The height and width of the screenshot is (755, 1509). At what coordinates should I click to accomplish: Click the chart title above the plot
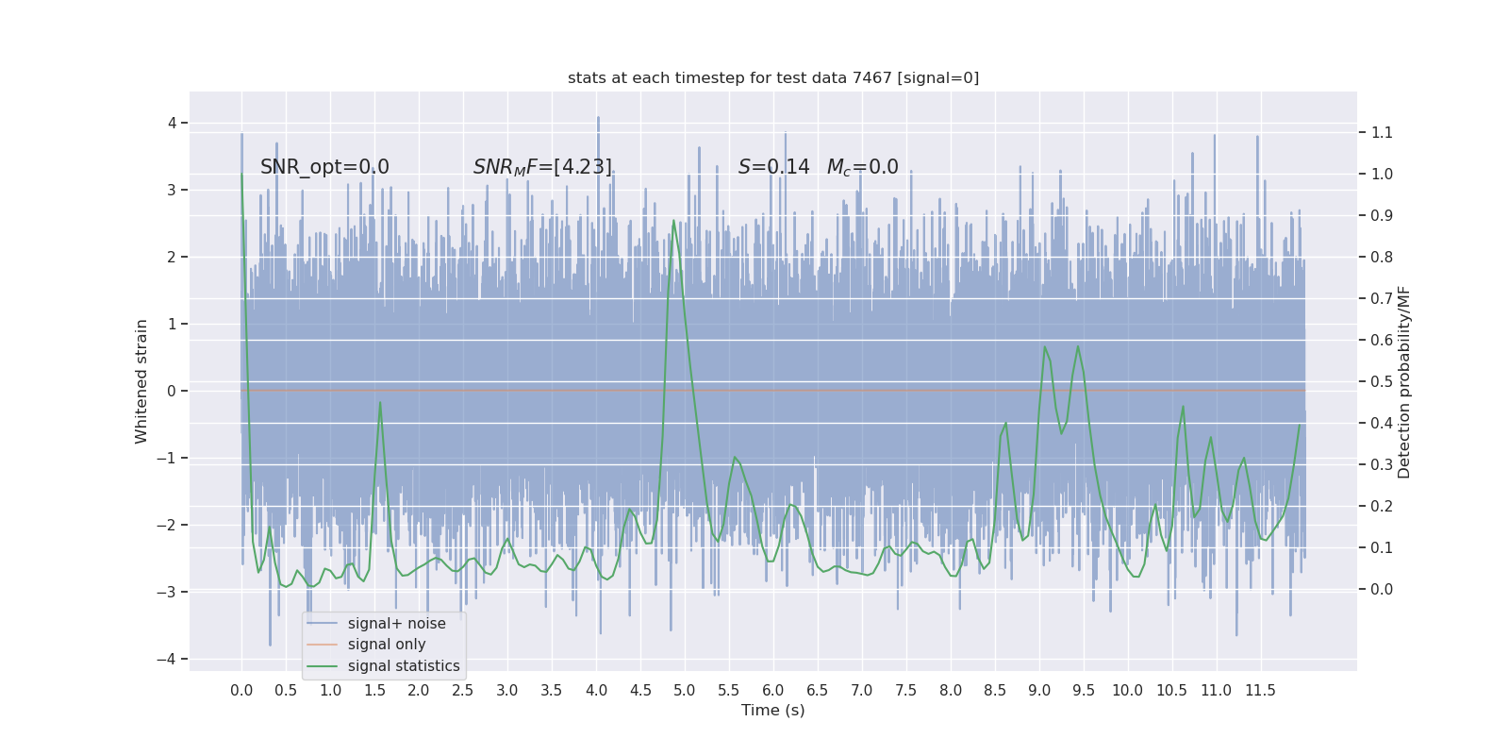pyautogui.click(x=773, y=78)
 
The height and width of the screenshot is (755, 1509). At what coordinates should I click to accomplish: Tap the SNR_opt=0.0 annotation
pyautogui.click(x=324, y=167)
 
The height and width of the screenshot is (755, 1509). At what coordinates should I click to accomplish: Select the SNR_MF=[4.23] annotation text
pyautogui.click(x=542, y=167)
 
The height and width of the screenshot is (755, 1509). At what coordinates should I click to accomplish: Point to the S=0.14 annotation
pyautogui.click(x=773, y=167)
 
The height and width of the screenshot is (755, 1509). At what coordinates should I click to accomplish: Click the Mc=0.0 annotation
pyautogui.click(x=862, y=167)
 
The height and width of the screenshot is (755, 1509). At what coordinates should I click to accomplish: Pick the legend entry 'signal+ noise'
pyautogui.click(x=396, y=624)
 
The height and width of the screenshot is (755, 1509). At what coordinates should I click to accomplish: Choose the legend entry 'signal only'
pyautogui.click(x=387, y=645)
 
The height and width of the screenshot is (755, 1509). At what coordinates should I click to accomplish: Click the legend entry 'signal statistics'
pyautogui.click(x=404, y=666)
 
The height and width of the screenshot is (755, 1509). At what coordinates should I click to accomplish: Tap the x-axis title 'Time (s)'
pyautogui.click(x=773, y=711)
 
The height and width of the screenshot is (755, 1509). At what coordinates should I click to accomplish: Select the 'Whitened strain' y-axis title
pyautogui.click(x=141, y=381)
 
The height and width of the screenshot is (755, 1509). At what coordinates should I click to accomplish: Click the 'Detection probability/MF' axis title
pyautogui.click(x=1404, y=381)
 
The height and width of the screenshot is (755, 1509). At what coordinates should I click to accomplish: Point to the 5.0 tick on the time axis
pyautogui.click(x=685, y=691)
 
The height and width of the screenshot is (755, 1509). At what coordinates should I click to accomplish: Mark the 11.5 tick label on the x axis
pyautogui.click(x=1260, y=691)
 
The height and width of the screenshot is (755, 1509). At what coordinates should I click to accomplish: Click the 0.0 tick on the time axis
pyautogui.click(x=241, y=691)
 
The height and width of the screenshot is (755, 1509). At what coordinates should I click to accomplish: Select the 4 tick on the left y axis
pyautogui.click(x=172, y=123)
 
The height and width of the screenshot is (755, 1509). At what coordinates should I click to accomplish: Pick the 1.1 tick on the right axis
pyautogui.click(x=1382, y=133)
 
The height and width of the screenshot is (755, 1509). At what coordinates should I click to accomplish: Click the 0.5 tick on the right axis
pyautogui.click(x=1382, y=382)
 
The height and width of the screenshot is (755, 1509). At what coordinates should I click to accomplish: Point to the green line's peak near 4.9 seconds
pyautogui.click(x=673, y=221)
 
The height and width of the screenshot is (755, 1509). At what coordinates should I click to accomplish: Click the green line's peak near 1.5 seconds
pyautogui.click(x=380, y=403)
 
